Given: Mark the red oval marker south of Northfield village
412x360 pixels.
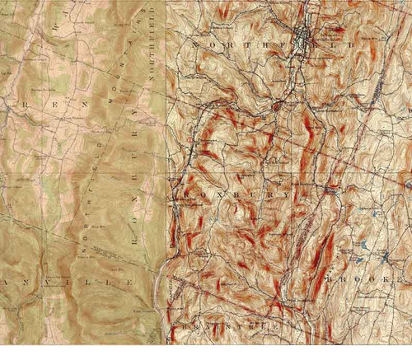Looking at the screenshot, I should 278,105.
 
